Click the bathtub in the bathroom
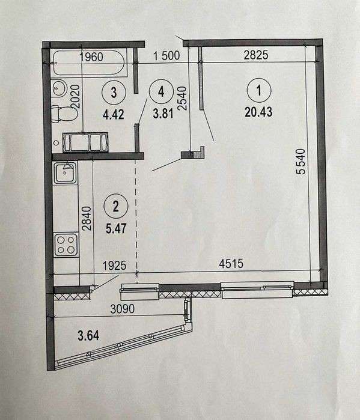[x=89, y=63]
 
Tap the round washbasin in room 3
[x=59, y=88]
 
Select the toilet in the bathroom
[x=64, y=114]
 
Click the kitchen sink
[x=66, y=172]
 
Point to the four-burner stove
[x=66, y=245]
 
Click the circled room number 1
[x=259, y=90]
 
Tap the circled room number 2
[x=116, y=206]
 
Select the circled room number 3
[x=114, y=92]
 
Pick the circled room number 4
[x=161, y=92]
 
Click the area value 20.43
[x=258, y=111]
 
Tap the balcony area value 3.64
[x=88, y=335]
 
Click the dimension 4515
[x=231, y=264]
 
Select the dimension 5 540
[x=301, y=162]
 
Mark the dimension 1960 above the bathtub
[x=91, y=57]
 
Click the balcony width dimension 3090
[x=123, y=309]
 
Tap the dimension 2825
[x=256, y=55]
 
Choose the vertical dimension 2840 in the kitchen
[x=87, y=218]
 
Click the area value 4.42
[x=114, y=114]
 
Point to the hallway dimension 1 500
[x=166, y=55]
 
